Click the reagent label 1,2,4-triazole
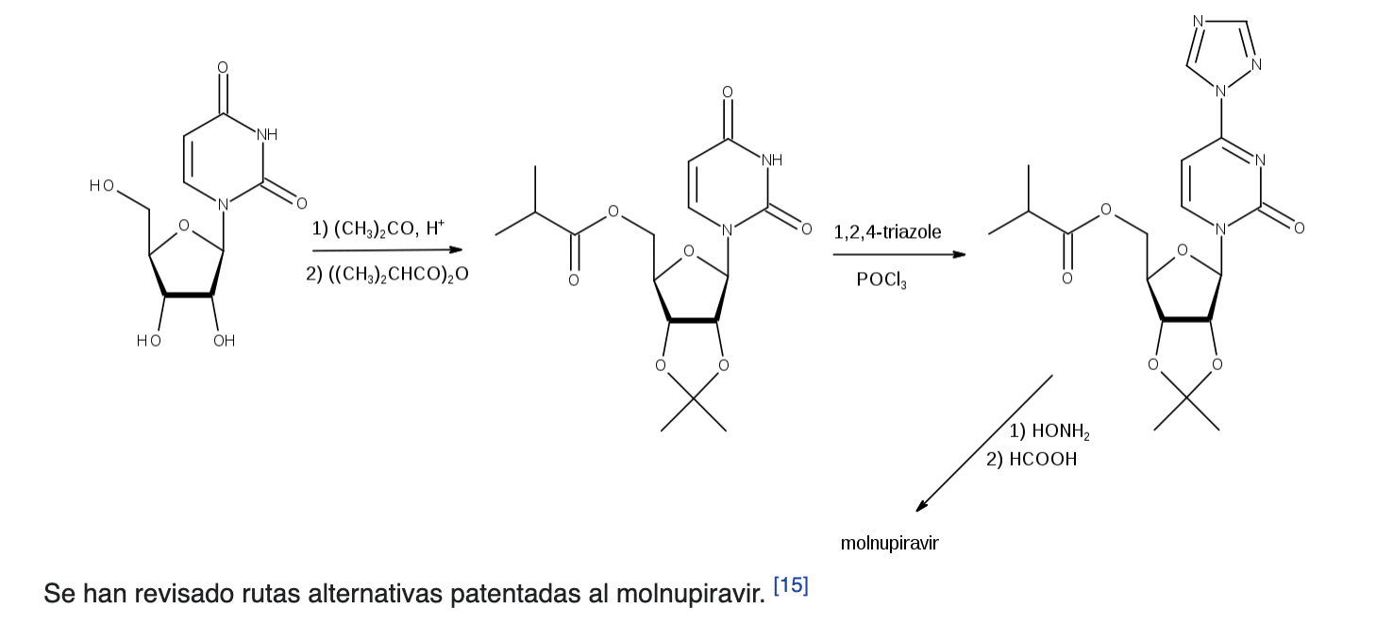pyautogui.click(x=887, y=232)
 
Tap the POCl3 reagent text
pyautogui.click(x=881, y=280)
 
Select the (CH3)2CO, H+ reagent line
pyautogui.click(x=378, y=228)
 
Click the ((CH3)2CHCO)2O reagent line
pyautogui.click(x=387, y=275)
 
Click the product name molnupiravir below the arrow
pyautogui.click(x=889, y=543)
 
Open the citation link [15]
pyautogui.click(x=791, y=585)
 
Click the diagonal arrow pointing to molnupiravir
pyautogui.click(x=983, y=444)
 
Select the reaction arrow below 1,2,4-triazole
pyautogui.click(x=899, y=254)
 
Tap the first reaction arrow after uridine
pyautogui.click(x=388, y=250)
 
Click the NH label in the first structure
pyautogui.click(x=267, y=134)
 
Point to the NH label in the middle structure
pyautogui.click(x=772, y=160)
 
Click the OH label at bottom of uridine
pyautogui.click(x=224, y=341)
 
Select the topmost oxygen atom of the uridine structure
pyautogui.click(x=223, y=67)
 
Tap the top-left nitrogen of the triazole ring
pyautogui.click(x=1199, y=21)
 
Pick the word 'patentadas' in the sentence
pyautogui.click(x=515, y=595)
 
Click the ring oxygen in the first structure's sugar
pyautogui.click(x=183, y=226)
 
